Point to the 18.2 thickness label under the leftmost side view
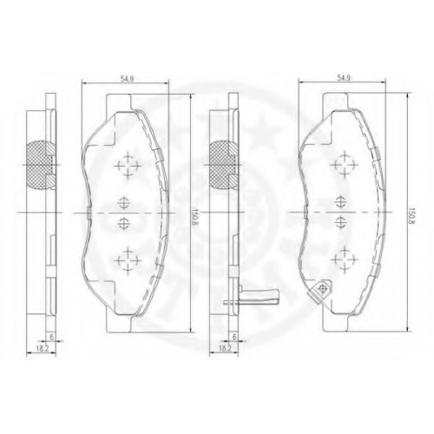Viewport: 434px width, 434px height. [42, 349]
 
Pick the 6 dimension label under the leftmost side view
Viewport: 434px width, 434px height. [52, 337]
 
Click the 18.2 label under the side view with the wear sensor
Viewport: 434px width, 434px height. [226, 349]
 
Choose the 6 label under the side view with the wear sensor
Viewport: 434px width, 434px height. [234, 337]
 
